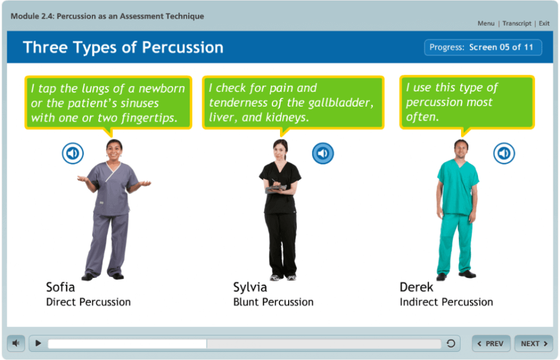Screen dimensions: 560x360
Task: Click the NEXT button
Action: (x=534, y=344)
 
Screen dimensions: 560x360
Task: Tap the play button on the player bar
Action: (x=38, y=344)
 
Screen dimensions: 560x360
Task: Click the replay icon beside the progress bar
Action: (x=451, y=344)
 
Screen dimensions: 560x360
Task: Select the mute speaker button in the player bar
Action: (x=16, y=344)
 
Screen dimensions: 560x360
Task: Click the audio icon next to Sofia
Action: (x=73, y=153)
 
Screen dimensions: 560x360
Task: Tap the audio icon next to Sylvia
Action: (x=323, y=153)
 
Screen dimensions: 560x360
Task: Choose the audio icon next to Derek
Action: (x=504, y=153)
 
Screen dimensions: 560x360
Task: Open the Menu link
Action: (x=486, y=24)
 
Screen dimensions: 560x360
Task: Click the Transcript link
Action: (x=517, y=24)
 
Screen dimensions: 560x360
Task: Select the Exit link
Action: (x=544, y=24)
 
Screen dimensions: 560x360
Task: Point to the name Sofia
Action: (x=60, y=287)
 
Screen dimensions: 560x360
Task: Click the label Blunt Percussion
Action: (x=273, y=302)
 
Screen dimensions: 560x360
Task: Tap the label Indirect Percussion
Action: (x=446, y=302)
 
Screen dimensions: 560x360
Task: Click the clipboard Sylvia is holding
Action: (x=276, y=189)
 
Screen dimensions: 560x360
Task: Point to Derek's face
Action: (x=461, y=150)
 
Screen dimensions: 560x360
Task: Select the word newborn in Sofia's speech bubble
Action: (x=162, y=89)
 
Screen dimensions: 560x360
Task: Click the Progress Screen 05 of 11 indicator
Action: (x=483, y=48)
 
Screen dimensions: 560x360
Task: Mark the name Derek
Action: (x=416, y=287)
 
